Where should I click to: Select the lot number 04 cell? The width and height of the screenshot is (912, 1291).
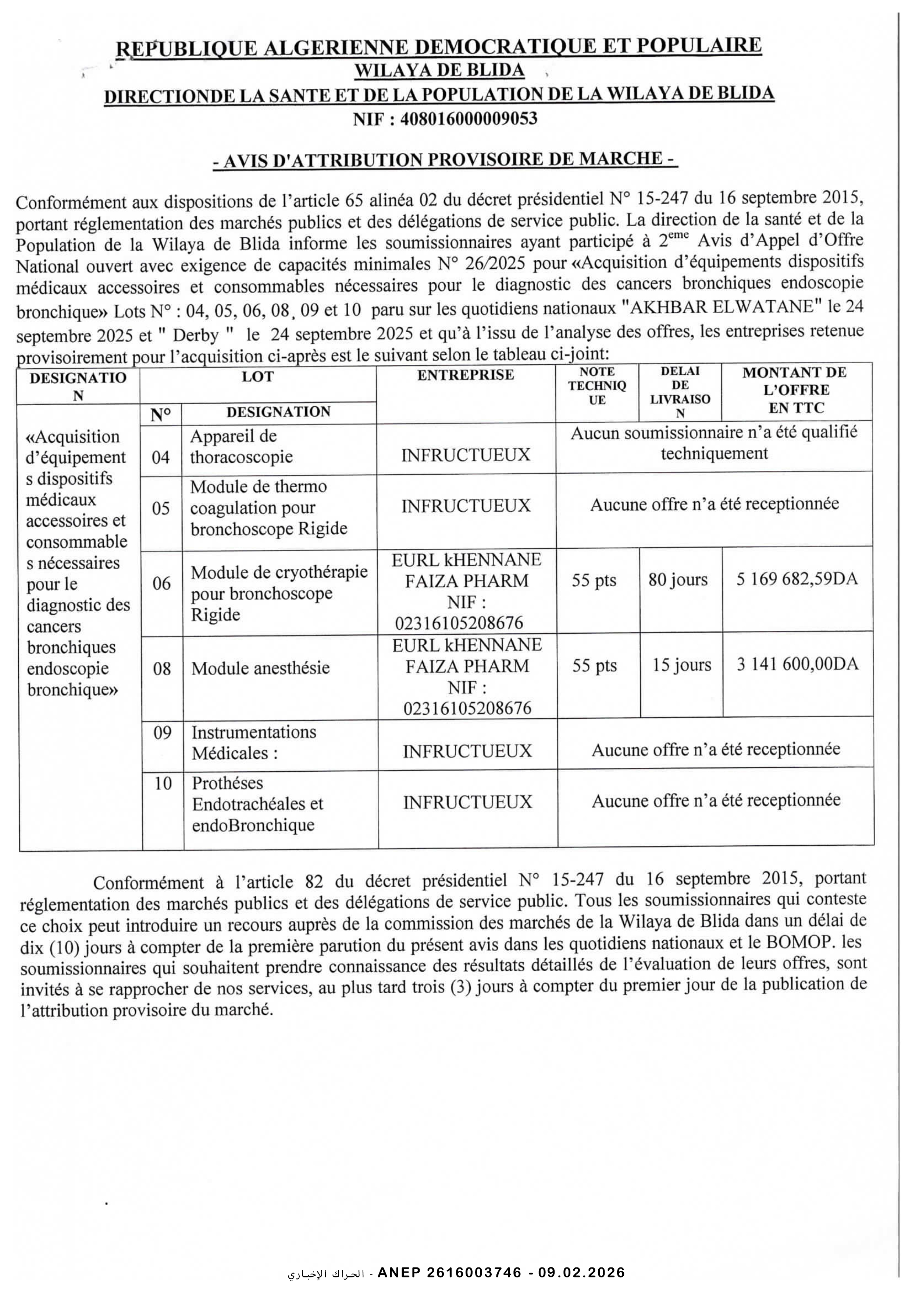point(161,457)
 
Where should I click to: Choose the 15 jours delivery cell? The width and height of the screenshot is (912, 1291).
point(681,665)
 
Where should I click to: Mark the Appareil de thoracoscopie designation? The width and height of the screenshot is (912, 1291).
point(241,446)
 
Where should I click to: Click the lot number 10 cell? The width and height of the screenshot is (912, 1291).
point(163,783)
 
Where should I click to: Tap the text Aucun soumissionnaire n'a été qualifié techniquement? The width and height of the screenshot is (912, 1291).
point(714,442)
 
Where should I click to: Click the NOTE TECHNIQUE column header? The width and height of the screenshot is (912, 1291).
point(597,386)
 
